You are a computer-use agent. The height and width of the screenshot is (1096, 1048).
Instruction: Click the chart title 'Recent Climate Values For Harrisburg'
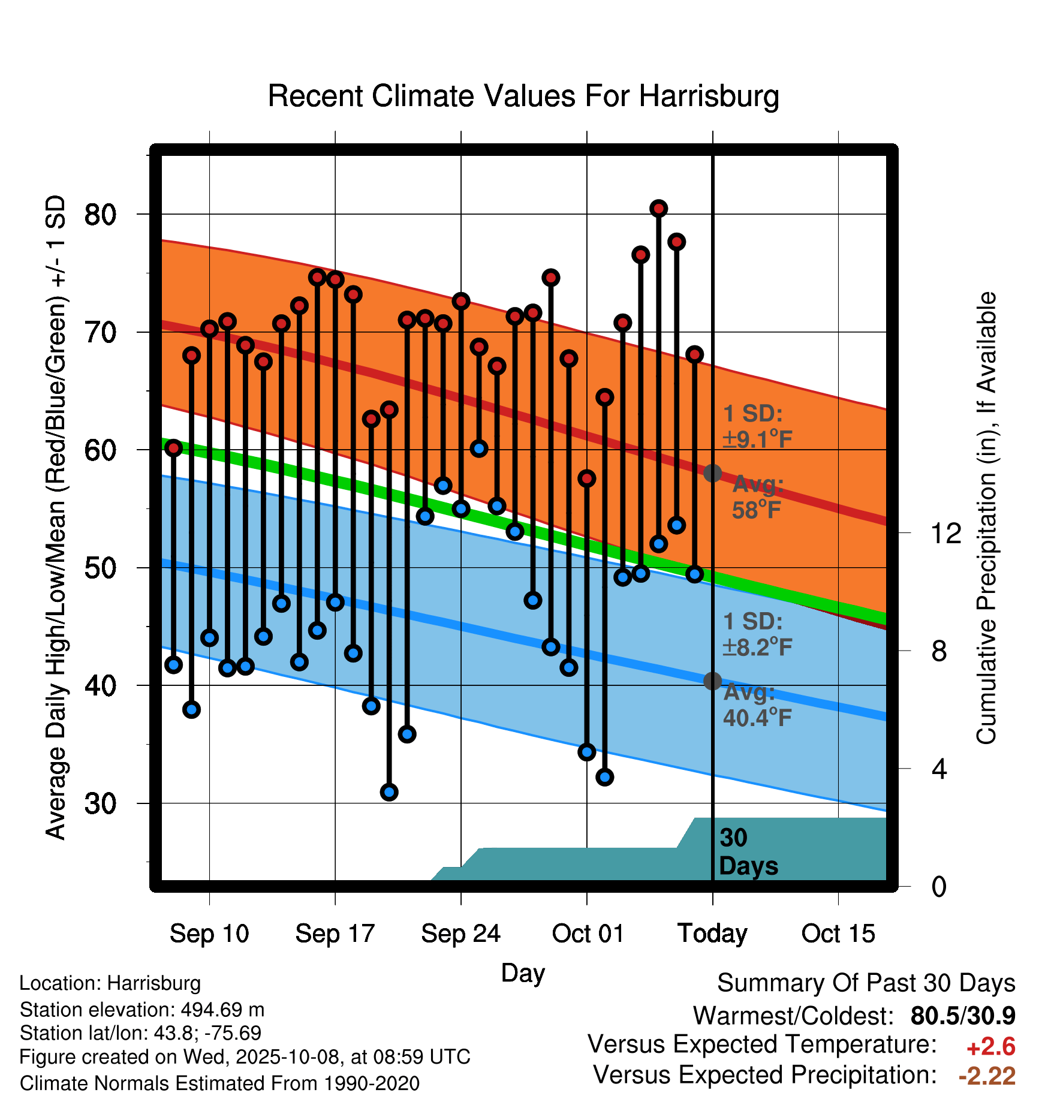[x=523, y=97]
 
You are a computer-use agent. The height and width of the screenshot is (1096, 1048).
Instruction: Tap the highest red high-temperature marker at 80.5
[x=658, y=209]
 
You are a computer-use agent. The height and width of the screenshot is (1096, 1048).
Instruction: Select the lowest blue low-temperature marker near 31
[x=389, y=792]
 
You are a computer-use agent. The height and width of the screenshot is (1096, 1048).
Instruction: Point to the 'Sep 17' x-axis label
[x=335, y=934]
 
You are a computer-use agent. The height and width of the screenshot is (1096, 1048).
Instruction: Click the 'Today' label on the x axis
[x=712, y=934]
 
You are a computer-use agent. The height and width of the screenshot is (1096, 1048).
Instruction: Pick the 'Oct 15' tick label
[x=838, y=934]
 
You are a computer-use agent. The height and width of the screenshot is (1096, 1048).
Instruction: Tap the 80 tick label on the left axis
[x=100, y=215]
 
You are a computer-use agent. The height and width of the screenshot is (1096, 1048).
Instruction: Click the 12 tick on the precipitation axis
[x=945, y=533]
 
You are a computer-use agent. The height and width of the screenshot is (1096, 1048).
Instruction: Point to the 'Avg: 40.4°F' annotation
[x=757, y=705]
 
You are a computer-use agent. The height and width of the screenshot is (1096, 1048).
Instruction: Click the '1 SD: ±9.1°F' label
[x=757, y=427]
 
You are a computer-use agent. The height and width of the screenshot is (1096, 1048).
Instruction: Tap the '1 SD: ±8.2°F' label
[x=757, y=634]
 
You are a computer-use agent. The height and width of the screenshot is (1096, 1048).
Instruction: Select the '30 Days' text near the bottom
[x=748, y=852]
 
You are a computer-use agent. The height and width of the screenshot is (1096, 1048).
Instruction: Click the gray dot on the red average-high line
[x=712, y=473]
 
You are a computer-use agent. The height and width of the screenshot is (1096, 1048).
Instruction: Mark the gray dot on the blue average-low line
[x=712, y=681]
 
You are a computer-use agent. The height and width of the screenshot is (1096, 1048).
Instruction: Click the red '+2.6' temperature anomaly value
[x=990, y=1047]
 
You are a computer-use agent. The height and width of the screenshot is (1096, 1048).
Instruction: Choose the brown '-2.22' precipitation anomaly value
[x=987, y=1076]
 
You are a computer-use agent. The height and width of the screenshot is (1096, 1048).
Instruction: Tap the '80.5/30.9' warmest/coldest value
[x=962, y=1016]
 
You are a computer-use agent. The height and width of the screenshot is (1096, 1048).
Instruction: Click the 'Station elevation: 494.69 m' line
[x=142, y=1010]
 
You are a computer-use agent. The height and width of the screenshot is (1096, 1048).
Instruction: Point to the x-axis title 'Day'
[x=523, y=972]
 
